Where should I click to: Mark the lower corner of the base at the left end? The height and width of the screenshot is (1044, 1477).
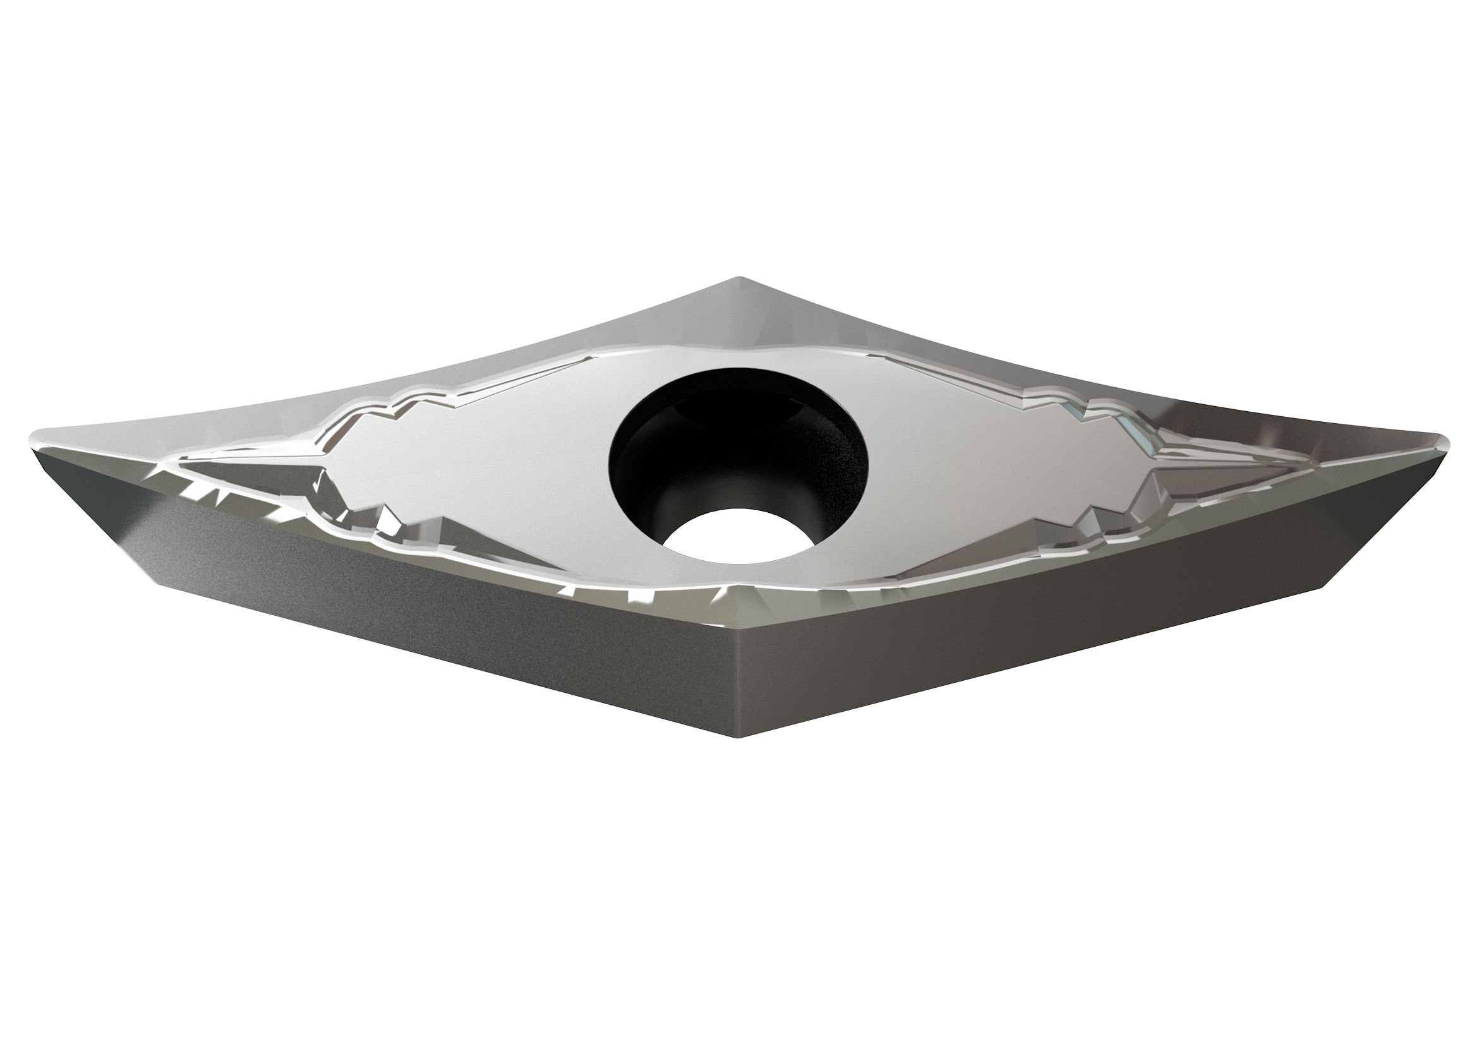tap(153, 584)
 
